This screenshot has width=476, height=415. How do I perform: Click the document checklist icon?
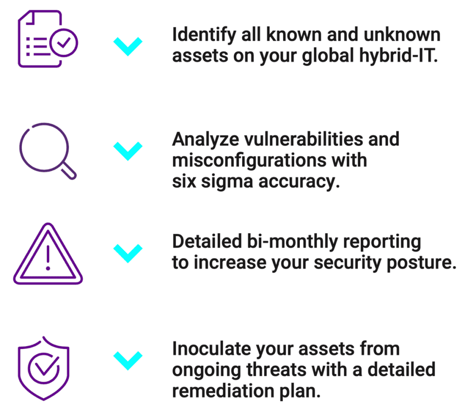[x=46, y=39]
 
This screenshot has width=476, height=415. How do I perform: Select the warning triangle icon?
[x=48, y=255]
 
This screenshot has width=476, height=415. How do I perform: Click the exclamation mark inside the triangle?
[x=48, y=260]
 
